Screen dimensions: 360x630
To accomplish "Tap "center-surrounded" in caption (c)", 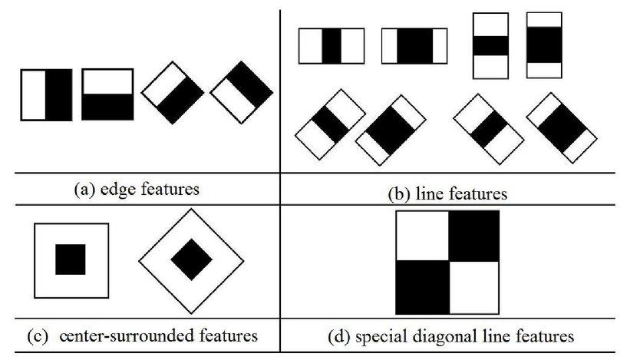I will tap(103, 335).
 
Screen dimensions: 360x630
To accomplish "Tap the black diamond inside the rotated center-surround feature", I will tap(191, 259).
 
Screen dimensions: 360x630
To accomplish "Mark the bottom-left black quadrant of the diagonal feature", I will tap(421, 287).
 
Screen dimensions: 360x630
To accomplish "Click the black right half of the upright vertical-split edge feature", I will tap(59, 94).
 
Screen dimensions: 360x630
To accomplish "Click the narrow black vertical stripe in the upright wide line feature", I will tap(331, 45).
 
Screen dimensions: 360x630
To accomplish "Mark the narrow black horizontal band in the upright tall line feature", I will tap(491, 45).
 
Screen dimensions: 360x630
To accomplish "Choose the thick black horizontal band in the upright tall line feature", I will tap(542, 45).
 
